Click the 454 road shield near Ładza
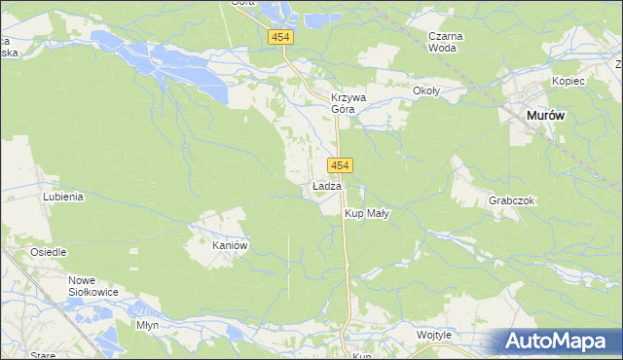(x=340, y=166)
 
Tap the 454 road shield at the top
(x=281, y=37)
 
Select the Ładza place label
(x=326, y=186)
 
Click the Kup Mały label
(x=367, y=213)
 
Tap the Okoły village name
(x=426, y=91)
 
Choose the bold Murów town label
(x=545, y=115)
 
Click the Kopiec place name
(x=568, y=81)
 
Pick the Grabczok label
(x=512, y=200)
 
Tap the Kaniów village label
(x=232, y=246)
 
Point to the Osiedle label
(x=48, y=252)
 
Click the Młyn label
(x=147, y=325)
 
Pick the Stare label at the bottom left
(x=43, y=355)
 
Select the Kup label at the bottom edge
(x=362, y=355)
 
